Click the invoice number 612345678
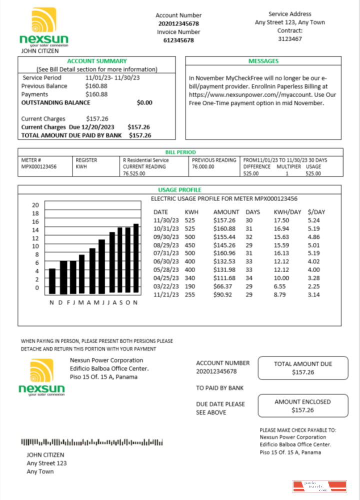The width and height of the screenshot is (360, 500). [x=178, y=40]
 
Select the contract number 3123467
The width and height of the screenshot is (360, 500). [x=290, y=38]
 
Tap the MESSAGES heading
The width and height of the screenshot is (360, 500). [x=263, y=61]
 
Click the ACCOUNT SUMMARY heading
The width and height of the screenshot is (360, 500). [x=97, y=61]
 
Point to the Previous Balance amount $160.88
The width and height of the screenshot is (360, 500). [x=96, y=86]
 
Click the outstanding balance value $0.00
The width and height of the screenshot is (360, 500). [x=144, y=102]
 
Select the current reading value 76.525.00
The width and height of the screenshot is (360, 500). [x=134, y=173]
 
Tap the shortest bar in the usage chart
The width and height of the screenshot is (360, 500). [x=52, y=280]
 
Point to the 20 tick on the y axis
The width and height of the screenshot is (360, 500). [x=35, y=205]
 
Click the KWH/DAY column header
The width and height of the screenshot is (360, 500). [x=287, y=212]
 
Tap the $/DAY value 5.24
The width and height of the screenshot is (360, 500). [x=313, y=220]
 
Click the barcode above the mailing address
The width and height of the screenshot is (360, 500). [x=92, y=442]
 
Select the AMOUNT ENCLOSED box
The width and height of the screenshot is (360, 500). [x=302, y=405]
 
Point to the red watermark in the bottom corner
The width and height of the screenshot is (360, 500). [x=319, y=486]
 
